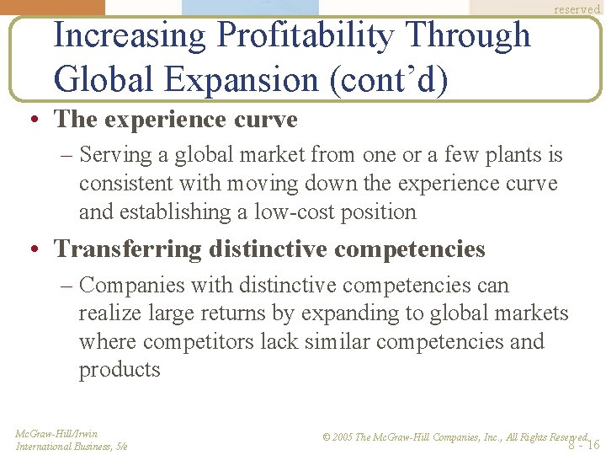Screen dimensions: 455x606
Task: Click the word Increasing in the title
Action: point(130,35)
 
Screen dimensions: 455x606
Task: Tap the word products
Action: point(120,370)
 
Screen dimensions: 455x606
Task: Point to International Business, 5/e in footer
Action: point(72,447)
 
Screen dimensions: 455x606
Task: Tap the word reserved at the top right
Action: point(577,8)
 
